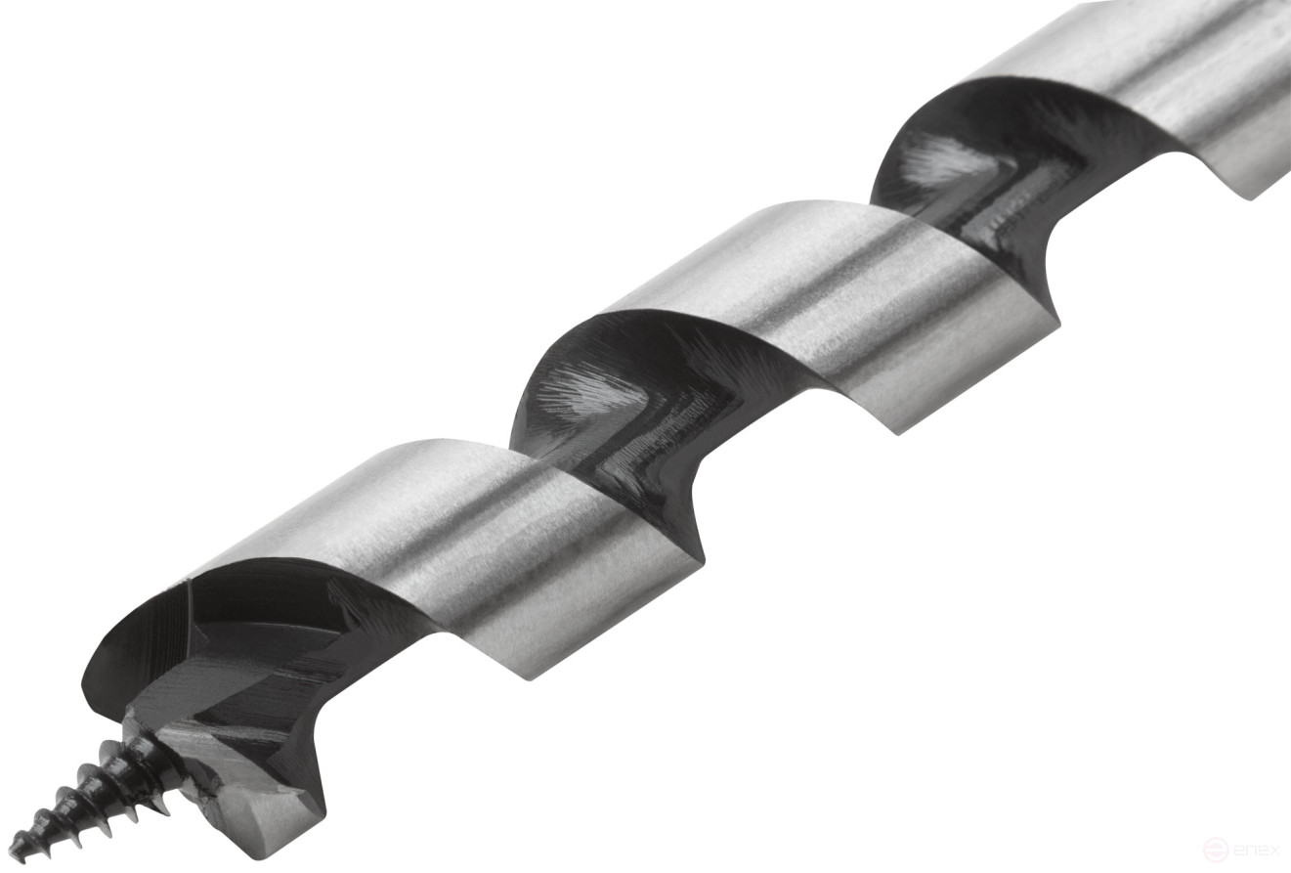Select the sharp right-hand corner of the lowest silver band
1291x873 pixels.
tap(702, 557)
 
